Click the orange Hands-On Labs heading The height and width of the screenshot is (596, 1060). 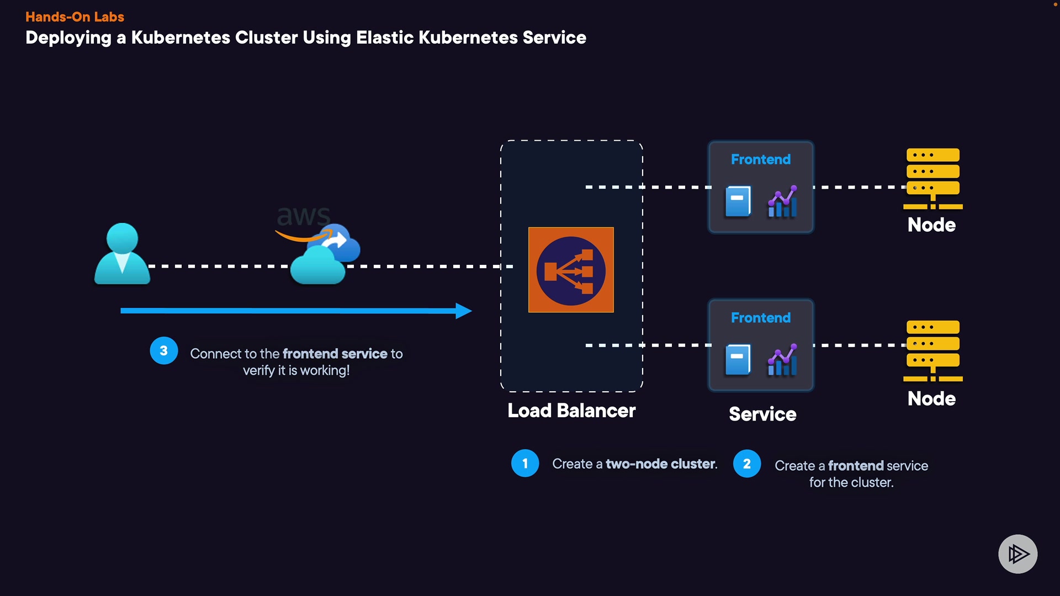(x=75, y=17)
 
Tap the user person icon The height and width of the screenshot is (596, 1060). (x=122, y=254)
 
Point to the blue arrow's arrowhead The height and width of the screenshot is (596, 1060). (x=463, y=311)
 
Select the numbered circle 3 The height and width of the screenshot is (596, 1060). (x=163, y=351)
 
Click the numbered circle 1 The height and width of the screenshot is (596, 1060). (x=524, y=464)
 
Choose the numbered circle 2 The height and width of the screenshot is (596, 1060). (x=746, y=464)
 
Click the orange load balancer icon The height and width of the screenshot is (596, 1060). (x=571, y=270)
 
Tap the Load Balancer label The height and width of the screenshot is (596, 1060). (x=571, y=411)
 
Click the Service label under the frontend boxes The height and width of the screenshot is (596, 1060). (x=762, y=414)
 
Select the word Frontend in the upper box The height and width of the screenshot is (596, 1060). (x=761, y=159)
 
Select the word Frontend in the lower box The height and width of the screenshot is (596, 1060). (x=761, y=318)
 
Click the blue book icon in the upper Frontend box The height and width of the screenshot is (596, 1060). (x=738, y=201)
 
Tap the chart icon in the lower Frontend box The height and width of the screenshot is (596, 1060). (x=782, y=360)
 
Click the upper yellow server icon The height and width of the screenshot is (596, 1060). (x=933, y=178)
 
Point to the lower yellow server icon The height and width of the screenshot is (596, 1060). (x=933, y=350)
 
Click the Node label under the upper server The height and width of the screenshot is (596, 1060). (x=931, y=225)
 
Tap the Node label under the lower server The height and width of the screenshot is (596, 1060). (x=931, y=399)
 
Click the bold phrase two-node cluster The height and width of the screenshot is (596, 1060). (x=661, y=464)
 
